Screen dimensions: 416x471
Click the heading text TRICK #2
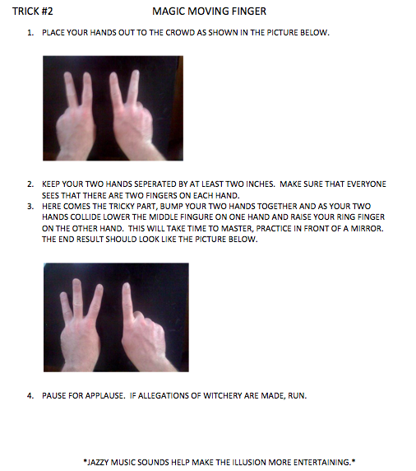32,12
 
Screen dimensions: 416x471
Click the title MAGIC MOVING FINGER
209,12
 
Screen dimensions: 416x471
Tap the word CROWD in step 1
180,32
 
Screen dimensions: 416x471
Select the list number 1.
30,33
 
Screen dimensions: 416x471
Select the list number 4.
30,396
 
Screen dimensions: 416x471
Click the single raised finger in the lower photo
127,310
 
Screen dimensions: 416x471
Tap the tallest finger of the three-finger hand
77,301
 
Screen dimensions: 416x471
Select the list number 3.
30,207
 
